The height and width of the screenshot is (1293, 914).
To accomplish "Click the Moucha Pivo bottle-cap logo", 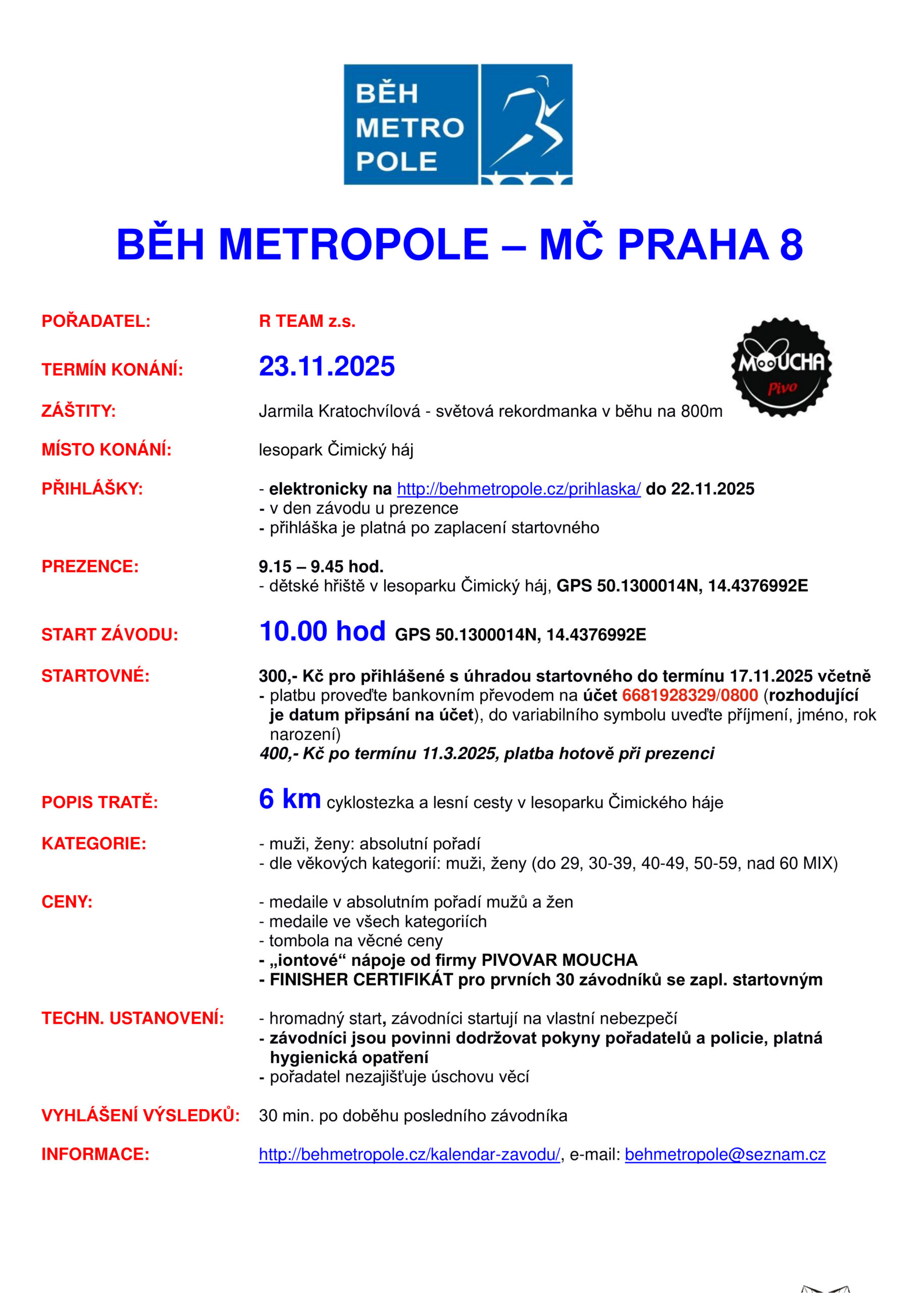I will pos(781,367).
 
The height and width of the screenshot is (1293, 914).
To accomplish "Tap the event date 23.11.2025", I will pos(327,367).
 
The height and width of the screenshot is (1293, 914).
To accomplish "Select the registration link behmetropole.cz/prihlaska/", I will pos(519,489).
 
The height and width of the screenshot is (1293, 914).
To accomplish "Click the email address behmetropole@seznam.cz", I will pos(725,1155).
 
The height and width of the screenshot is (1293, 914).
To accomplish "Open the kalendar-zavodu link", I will pos(410,1155).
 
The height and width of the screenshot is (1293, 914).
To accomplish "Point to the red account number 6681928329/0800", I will pos(690,695).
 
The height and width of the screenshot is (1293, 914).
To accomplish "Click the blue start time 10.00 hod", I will pos(322,631).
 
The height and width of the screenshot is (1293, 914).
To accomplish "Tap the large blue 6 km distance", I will pos(289,799).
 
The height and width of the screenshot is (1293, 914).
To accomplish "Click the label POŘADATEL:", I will pos(96,321).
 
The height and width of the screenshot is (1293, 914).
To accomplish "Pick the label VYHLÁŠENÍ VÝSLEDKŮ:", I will pos(140,1116).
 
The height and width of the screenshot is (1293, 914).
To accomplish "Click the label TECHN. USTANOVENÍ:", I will pos(132,1018).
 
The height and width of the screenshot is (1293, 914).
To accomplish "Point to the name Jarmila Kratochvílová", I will pos(339,412).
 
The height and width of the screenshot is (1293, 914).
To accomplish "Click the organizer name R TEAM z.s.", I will pos(307,321).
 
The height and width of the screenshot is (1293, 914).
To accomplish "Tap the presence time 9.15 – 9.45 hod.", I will pos(321,567).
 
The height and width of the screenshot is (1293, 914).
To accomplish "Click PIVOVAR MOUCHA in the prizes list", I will pos(559,960).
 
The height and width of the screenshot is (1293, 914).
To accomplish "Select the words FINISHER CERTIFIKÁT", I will pos(361,980).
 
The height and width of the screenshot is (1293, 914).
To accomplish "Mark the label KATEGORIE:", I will pos(93,843).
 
